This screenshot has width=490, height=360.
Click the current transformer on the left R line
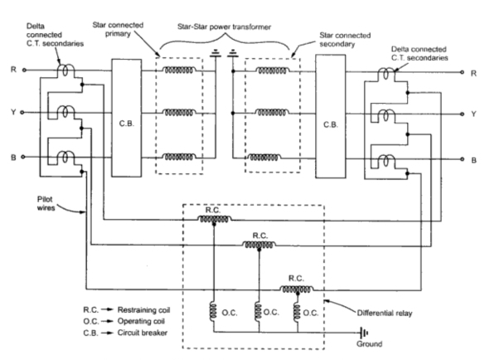point(65,70)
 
